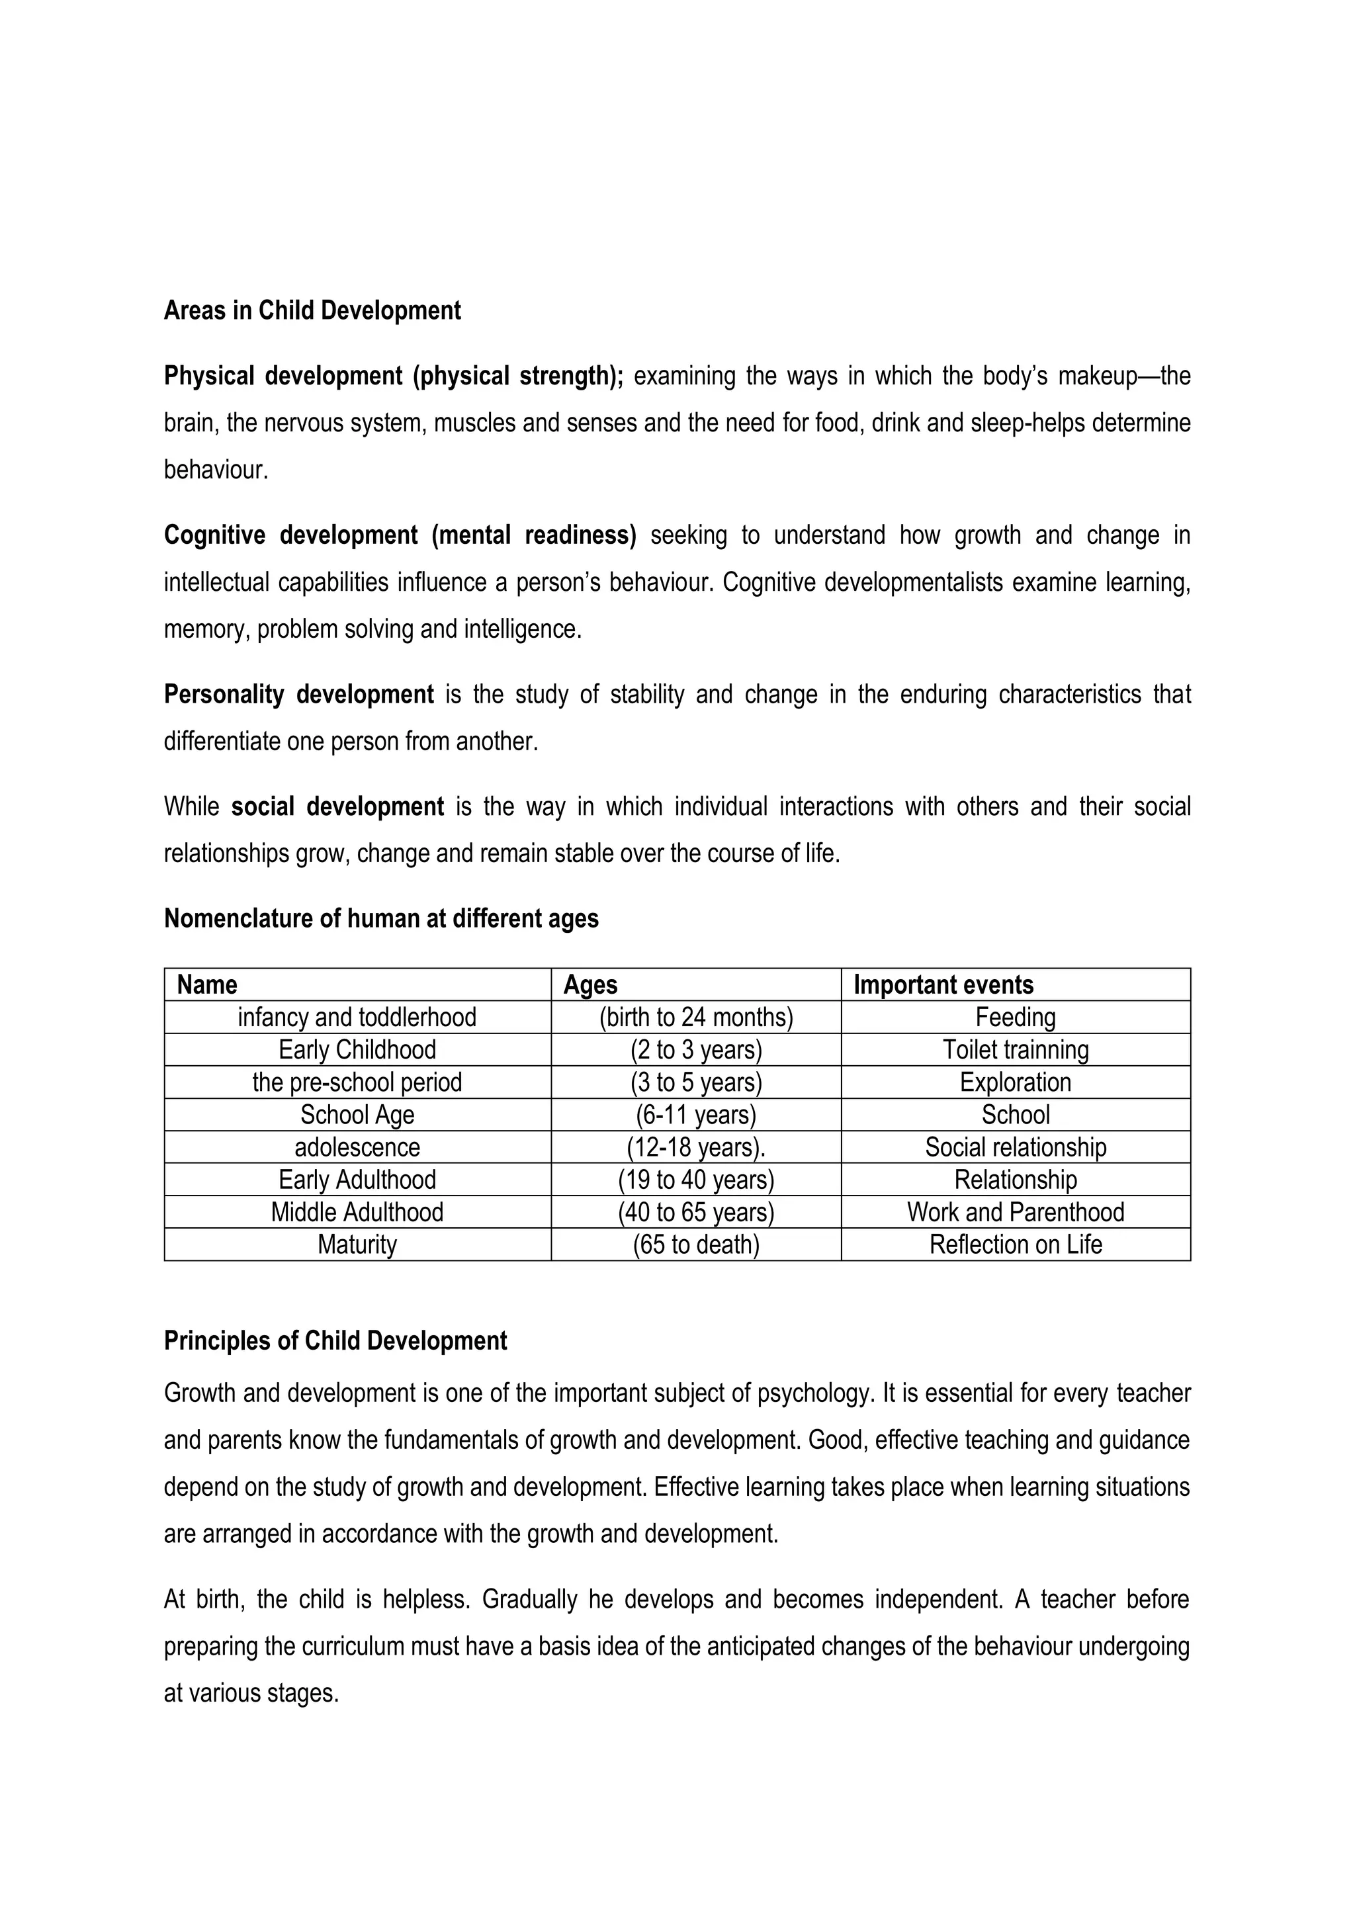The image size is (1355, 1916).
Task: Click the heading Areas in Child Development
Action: coord(312,310)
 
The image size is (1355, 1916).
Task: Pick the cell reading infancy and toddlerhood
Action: coord(357,1018)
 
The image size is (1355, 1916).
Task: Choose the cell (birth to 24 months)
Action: coord(696,1018)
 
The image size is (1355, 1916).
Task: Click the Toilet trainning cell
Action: coord(1016,1050)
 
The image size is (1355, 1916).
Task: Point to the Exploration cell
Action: coord(1016,1082)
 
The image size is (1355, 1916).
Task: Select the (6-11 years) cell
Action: coord(696,1115)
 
